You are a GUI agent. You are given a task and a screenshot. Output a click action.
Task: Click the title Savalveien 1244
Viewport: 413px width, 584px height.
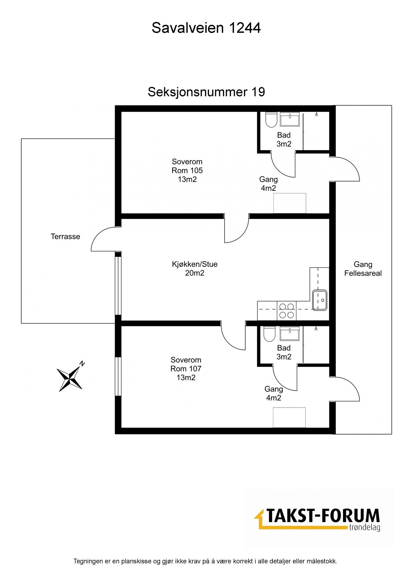(206, 28)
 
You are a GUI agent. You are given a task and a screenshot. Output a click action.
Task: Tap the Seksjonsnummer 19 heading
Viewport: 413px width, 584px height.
(206, 92)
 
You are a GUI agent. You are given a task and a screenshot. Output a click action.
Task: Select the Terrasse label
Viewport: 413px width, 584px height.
(65, 237)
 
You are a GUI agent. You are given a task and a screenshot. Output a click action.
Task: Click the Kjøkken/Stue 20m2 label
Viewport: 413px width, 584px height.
(195, 269)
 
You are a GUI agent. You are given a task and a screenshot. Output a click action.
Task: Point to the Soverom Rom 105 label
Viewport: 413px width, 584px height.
(187, 170)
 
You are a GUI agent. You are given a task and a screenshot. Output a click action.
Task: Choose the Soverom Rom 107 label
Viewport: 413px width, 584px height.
(186, 369)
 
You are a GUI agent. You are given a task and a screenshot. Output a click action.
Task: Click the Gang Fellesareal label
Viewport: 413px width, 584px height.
(363, 269)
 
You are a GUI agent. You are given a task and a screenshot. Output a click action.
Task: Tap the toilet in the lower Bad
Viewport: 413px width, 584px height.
(269, 334)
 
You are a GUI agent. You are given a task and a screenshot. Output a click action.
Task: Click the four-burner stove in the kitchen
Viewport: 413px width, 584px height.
(286, 310)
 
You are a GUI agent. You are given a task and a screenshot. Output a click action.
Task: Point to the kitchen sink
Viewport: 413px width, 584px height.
(320, 300)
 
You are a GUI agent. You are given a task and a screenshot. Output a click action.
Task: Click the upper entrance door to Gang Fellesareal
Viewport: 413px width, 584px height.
(346, 169)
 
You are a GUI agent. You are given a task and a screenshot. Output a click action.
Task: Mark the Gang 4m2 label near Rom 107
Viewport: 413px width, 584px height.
(273, 393)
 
